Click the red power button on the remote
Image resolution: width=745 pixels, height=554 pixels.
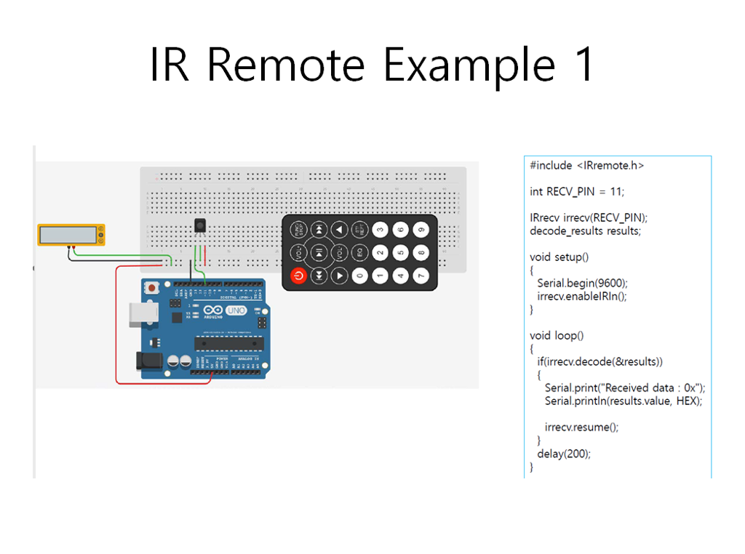(298, 276)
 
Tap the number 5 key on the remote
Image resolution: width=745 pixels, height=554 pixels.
(401, 252)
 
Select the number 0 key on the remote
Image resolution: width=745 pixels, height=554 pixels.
(360, 276)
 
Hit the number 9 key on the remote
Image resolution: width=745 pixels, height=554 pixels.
(421, 230)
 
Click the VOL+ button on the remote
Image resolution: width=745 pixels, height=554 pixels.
(298, 252)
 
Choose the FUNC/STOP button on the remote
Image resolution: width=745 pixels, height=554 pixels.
(298, 230)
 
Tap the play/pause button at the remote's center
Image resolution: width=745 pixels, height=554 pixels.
(319, 252)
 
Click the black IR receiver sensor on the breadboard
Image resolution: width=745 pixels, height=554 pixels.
(199, 227)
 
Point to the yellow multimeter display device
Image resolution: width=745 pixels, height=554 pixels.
(71, 234)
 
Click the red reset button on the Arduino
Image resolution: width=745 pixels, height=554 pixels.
(151, 288)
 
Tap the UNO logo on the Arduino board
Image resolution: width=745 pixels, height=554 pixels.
(236, 311)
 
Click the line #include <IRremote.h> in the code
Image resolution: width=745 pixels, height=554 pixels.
(587, 165)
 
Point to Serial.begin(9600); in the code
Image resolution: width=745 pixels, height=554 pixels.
(582, 283)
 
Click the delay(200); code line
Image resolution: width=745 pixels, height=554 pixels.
(564, 454)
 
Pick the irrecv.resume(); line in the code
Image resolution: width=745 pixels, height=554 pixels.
(581, 427)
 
